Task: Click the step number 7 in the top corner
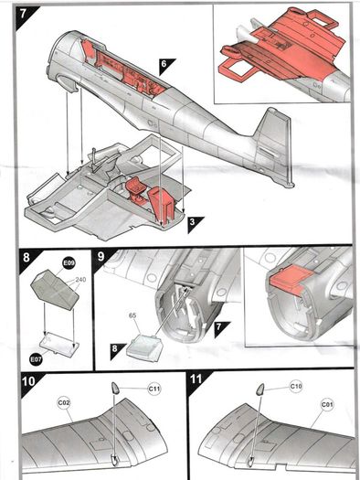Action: click(23, 15)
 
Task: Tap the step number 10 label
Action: click(28, 381)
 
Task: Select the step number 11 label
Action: click(196, 379)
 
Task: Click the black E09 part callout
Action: click(69, 263)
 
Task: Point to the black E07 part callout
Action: click(36, 359)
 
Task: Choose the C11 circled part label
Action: click(154, 389)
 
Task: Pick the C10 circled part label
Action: click(296, 387)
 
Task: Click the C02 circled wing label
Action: click(64, 403)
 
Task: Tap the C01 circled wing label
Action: click(327, 405)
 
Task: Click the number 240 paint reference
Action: click(80, 280)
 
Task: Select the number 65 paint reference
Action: click(132, 315)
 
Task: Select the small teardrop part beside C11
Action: click(115, 388)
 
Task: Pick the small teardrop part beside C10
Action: click(260, 389)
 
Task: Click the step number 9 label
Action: click(101, 256)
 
